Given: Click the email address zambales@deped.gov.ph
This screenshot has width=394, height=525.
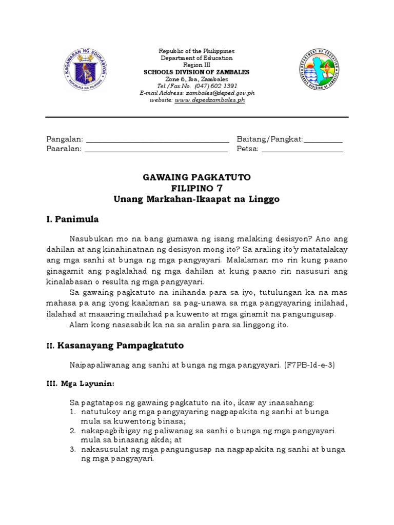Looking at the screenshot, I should click(222, 93).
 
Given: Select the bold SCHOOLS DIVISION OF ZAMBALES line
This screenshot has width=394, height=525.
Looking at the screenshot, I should click(196, 72).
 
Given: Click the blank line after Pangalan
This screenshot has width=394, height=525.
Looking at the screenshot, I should click(157, 140).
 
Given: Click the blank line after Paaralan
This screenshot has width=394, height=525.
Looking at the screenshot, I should click(156, 150).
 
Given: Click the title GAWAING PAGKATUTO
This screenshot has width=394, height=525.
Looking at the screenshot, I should click(196, 177).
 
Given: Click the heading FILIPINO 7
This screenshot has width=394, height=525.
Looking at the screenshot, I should click(196, 188).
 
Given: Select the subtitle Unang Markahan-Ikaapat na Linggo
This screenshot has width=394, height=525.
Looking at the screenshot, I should click(196, 199).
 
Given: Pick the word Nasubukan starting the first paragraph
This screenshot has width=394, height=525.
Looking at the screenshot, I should click(89, 238).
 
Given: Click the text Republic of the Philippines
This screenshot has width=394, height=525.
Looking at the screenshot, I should click(196, 51).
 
